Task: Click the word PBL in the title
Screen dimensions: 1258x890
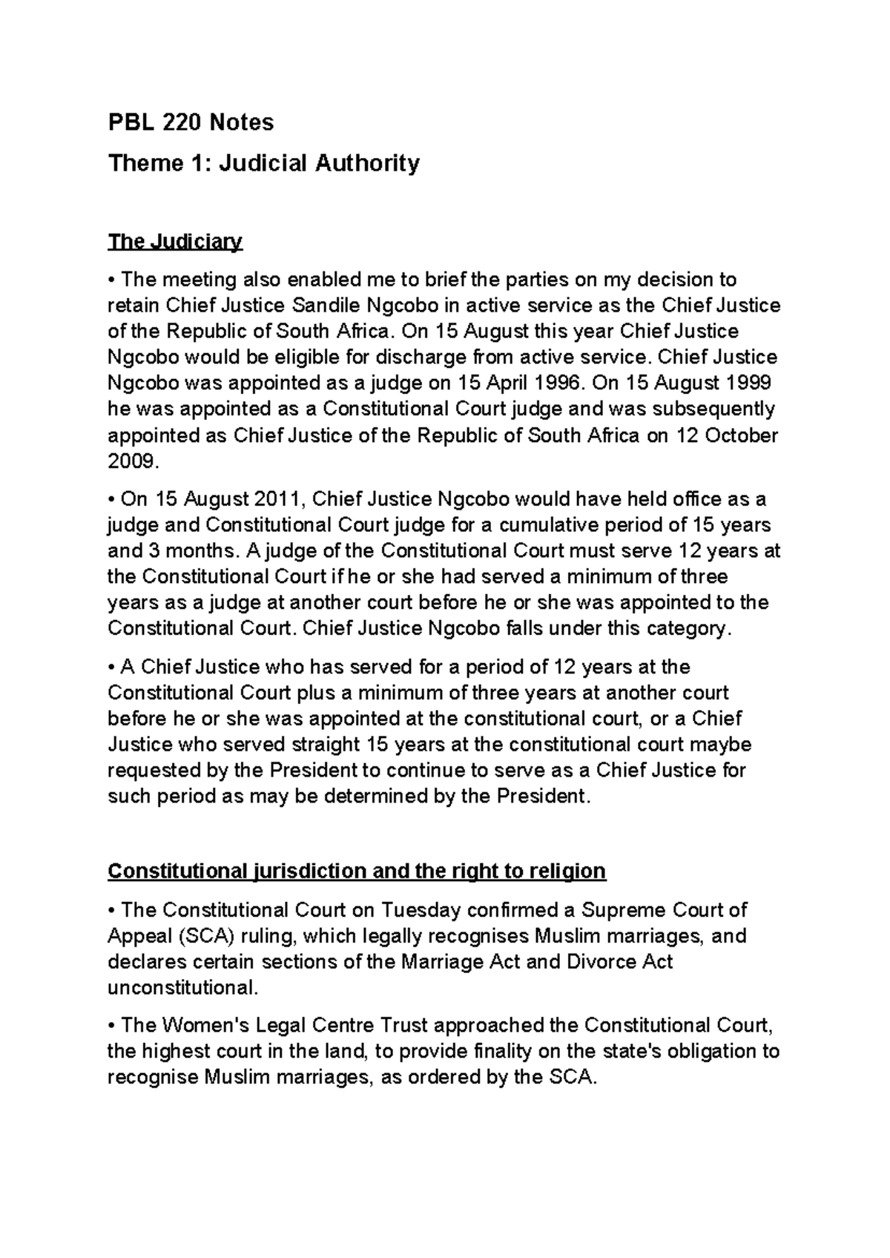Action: point(128,122)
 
